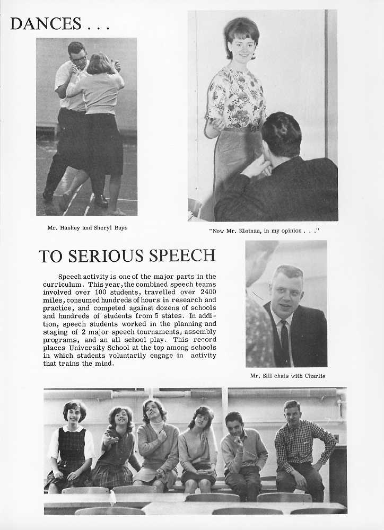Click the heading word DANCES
click(46, 23)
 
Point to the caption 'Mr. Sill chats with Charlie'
click(287, 376)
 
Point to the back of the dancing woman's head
click(99, 64)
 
